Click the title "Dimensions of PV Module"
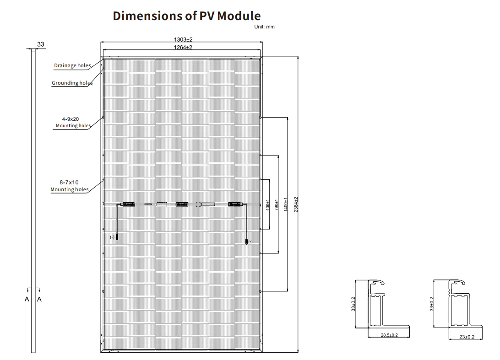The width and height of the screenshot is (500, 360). point(186,16)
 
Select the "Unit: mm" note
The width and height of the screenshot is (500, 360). point(264,27)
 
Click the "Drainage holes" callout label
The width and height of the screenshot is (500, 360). point(72,65)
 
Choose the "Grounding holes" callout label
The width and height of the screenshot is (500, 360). point(72,83)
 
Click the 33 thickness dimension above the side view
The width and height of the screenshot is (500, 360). point(41,44)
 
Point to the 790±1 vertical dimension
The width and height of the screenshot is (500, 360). point(276,204)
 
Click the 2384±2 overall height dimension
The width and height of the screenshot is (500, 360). point(296,204)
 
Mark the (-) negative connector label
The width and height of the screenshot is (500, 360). point(112,237)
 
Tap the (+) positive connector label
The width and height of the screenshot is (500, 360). point(250,242)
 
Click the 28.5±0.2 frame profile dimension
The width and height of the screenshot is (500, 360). point(389,336)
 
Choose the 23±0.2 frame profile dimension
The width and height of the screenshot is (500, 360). point(467,337)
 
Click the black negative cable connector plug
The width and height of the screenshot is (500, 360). point(117,237)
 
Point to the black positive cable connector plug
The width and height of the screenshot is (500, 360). point(246,241)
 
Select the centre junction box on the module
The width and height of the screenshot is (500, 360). point(182,204)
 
